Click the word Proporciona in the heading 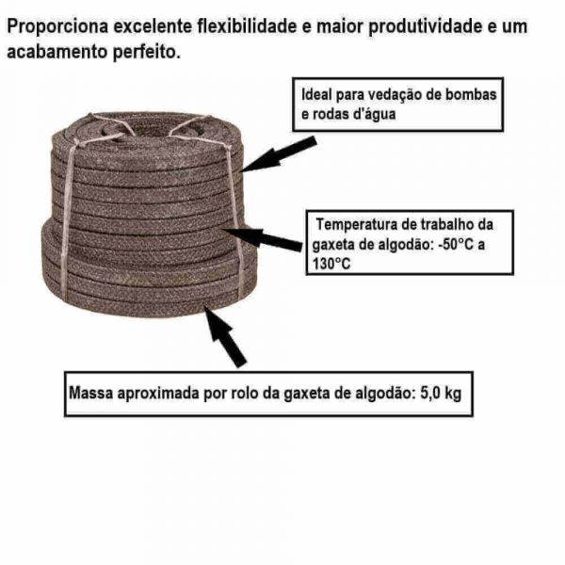[x=57, y=26]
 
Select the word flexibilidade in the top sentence [x=247, y=26]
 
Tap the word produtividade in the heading [x=426, y=26]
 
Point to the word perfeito [x=147, y=52]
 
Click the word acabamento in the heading [x=57, y=52]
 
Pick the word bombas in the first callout [x=471, y=94]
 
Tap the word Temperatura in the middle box [x=358, y=224]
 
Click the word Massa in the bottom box [x=91, y=393]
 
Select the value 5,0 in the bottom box [x=428, y=393]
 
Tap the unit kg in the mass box [x=452, y=394]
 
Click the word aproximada [x=159, y=394]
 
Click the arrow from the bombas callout [x=279, y=154]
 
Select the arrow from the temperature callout [x=263, y=238]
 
